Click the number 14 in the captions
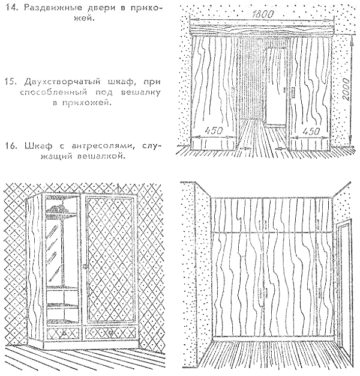11,8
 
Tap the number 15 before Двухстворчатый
11,82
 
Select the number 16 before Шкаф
11,146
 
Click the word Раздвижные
53,8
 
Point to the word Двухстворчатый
62,82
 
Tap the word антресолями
101,146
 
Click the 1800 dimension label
262,14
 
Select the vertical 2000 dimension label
346,89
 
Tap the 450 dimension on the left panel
214,131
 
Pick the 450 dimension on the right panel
311,131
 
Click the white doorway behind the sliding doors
276,86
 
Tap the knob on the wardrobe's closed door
85,266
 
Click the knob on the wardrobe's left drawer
64,333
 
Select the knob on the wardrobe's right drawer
110,333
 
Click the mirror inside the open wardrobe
55,250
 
